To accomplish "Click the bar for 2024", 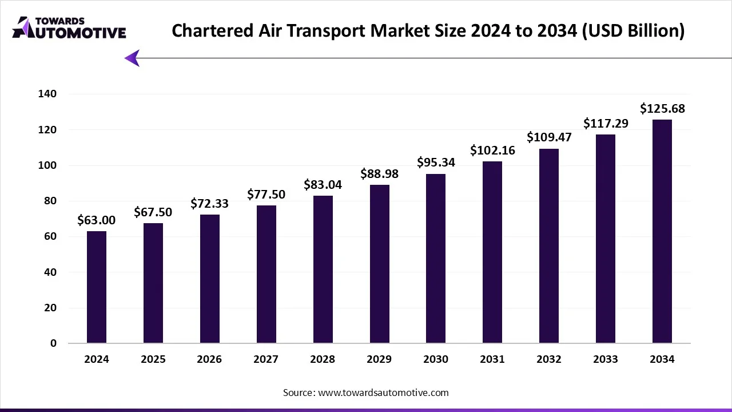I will [97, 287].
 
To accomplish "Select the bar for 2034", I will [662, 232].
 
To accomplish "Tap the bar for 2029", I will [379, 264].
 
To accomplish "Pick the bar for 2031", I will [492, 252].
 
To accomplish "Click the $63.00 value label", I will [97, 220].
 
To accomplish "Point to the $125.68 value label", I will [662, 109].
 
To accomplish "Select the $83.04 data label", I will [323, 185].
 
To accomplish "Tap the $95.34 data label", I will [436, 163].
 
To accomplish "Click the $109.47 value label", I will [549, 137].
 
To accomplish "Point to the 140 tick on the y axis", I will [48, 94].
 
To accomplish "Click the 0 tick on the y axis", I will [53, 343].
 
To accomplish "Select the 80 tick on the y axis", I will [51, 201].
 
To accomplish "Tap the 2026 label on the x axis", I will [210, 359].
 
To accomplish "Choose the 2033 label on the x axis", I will [606, 359].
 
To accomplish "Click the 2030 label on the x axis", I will [436, 359].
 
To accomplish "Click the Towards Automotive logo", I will [69, 27].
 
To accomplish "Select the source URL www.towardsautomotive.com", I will [383, 393].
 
